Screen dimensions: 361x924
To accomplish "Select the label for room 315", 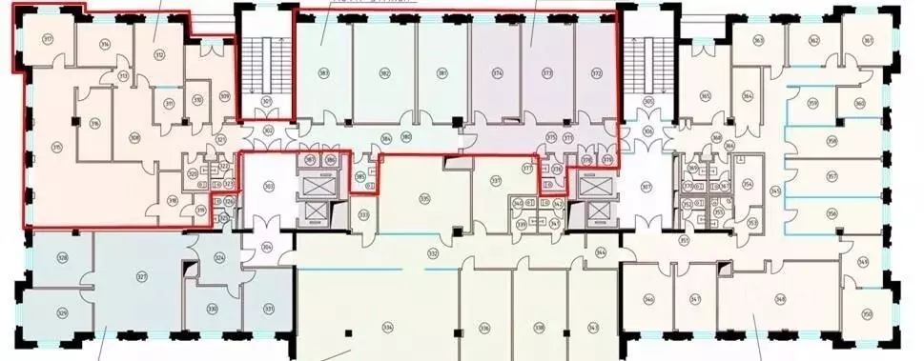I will [x=57, y=146].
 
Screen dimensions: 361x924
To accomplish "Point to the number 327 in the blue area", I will [x=141, y=277].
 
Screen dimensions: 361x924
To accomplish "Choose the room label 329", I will [x=63, y=311].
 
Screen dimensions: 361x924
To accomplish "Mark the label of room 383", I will [x=324, y=73].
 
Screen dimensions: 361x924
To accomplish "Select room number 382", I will [x=384, y=73].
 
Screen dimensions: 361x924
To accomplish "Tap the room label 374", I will [x=498, y=73].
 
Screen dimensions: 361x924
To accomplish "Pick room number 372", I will [x=597, y=73].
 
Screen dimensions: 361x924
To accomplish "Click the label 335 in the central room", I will [x=424, y=198].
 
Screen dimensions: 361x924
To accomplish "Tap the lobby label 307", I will [x=646, y=186].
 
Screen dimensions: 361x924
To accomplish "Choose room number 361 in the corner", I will [x=867, y=39].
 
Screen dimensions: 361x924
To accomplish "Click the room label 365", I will [x=705, y=95].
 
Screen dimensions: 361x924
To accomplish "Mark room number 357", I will [x=832, y=176].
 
